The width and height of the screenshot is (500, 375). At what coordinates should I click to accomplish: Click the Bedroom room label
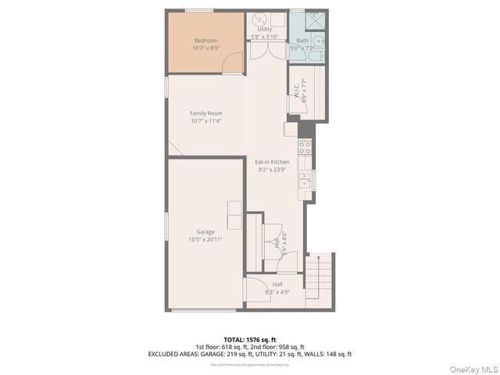[205, 41]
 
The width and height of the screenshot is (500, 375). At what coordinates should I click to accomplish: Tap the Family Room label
[206, 113]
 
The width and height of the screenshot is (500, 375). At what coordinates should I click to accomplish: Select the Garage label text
[205, 232]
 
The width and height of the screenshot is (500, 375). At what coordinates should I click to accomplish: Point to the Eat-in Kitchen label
[273, 162]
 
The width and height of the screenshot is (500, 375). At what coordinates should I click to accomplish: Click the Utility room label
[265, 30]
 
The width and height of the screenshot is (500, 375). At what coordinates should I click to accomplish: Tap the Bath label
[302, 40]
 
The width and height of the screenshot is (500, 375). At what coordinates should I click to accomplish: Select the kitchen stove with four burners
[305, 146]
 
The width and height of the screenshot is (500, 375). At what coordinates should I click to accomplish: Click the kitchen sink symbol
[305, 182]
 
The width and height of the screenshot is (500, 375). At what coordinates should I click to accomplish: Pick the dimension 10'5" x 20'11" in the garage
[205, 240]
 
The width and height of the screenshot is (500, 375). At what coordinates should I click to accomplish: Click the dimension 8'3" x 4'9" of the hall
[277, 292]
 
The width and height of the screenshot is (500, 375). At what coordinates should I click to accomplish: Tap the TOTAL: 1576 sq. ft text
[249, 339]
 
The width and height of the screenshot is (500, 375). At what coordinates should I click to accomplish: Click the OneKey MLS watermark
[472, 369]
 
